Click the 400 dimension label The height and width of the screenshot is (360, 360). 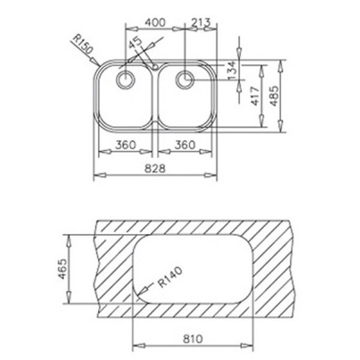[155, 22]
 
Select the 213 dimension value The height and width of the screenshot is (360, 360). [199, 22]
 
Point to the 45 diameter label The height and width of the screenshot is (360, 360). [136, 43]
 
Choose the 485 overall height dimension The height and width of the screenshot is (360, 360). [274, 95]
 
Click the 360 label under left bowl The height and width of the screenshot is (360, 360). [125, 145]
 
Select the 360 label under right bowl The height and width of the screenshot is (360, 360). [185, 145]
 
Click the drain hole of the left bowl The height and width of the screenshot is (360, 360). [127, 79]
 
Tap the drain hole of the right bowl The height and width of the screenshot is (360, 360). [185, 78]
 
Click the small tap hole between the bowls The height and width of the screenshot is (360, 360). [155, 66]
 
